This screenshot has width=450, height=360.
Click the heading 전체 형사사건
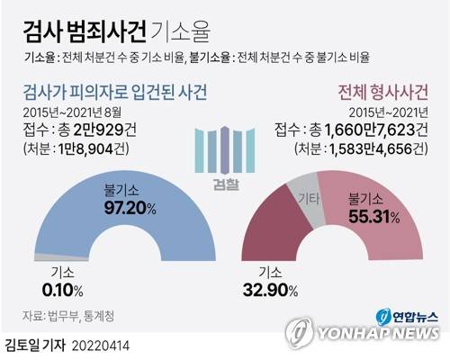tap(382, 92)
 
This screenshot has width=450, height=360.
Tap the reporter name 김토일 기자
tap(36, 344)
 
